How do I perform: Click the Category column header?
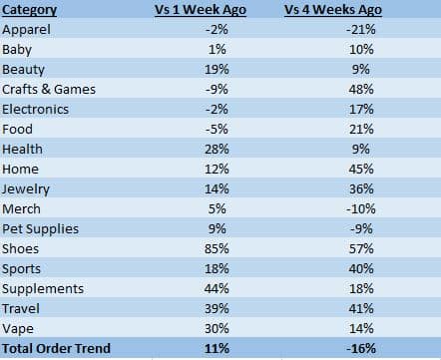tap(30, 11)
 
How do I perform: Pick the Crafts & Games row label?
tap(49, 89)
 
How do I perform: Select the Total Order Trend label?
tap(57, 349)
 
